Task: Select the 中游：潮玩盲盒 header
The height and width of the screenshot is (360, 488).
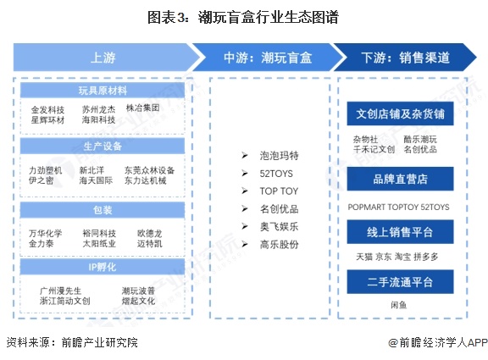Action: [x=268, y=58]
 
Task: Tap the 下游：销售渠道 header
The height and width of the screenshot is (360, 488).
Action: [x=405, y=58]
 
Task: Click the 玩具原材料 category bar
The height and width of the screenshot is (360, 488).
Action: [x=104, y=91]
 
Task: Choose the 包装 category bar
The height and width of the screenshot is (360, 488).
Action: [x=104, y=208]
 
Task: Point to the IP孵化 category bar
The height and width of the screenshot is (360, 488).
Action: [x=104, y=266]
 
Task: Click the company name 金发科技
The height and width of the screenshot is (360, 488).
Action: [x=47, y=110]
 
